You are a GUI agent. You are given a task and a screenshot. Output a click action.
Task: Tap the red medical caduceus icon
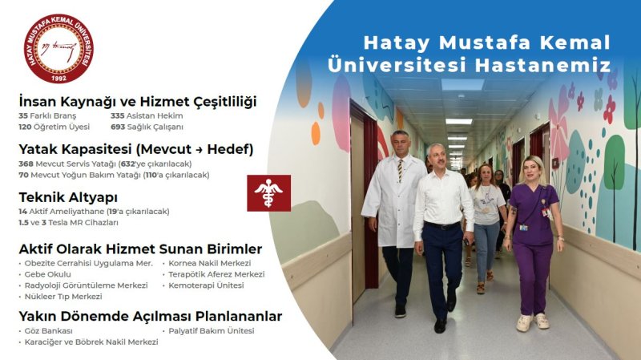click(x=268, y=193)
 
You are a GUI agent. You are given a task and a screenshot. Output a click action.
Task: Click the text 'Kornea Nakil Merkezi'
click(x=209, y=263)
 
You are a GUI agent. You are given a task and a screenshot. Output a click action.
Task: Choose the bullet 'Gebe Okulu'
click(x=48, y=274)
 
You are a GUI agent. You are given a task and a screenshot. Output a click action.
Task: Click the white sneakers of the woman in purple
click(x=534, y=321)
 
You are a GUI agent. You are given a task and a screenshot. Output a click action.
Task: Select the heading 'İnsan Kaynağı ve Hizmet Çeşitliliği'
click(x=137, y=102)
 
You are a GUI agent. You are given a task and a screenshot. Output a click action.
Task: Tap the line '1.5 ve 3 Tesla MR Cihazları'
click(x=68, y=222)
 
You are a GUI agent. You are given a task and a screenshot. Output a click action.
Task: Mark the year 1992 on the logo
click(x=58, y=78)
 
